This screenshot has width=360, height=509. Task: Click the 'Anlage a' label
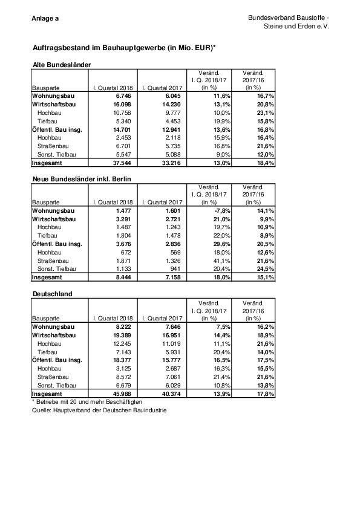coord(45,19)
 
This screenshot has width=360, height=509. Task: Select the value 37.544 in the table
coord(120,163)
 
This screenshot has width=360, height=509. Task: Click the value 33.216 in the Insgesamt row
coord(169,163)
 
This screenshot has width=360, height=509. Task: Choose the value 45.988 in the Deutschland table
coord(120,393)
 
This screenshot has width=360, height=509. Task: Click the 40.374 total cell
coord(169,393)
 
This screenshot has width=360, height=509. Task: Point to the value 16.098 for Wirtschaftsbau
coord(120,104)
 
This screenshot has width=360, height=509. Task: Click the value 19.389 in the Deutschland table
coord(120,333)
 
